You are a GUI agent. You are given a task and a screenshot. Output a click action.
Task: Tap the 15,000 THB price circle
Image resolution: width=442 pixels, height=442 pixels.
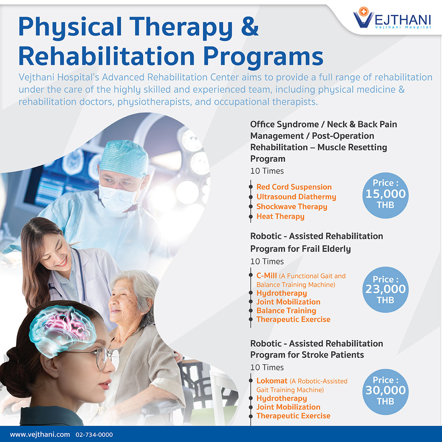[x=385, y=194]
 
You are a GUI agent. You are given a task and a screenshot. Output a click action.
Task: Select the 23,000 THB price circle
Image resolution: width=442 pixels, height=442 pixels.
[x=385, y=290]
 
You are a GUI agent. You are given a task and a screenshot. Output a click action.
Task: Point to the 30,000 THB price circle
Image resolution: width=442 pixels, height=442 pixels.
[x=385, y=390]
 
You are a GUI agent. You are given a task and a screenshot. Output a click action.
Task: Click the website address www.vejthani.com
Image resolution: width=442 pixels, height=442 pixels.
[x=40, y=435]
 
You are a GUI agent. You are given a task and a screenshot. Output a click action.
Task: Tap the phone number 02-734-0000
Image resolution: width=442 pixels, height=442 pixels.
[x=94, y=435]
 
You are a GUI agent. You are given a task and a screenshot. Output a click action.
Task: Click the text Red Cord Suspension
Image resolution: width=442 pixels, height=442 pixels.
[x=294, y=187]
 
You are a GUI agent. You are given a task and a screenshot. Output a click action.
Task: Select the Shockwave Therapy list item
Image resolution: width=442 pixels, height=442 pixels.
[x=292, y=207]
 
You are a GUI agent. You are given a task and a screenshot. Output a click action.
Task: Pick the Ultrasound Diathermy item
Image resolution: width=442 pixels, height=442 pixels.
[x=296, y=197]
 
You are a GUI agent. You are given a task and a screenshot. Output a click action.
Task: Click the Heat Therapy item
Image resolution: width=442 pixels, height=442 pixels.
[x=280, y=217]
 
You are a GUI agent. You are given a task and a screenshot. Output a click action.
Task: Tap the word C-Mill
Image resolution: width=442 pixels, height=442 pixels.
[x=266, y=276]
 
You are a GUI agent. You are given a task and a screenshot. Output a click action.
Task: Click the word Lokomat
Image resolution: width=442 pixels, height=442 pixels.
[x=272, y=381]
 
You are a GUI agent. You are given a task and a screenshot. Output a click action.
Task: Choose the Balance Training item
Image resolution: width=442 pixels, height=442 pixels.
[x=286, y=311]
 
